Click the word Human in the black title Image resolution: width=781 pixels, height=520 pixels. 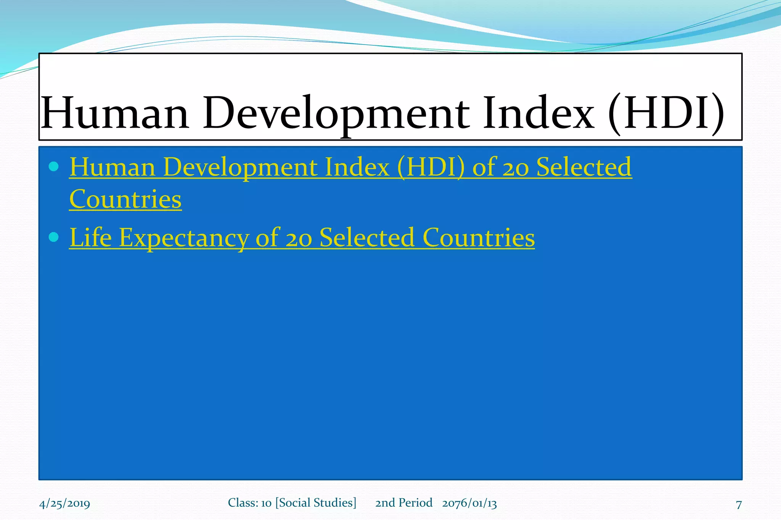point(115,114)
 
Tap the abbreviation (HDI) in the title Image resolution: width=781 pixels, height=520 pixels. point(665,114)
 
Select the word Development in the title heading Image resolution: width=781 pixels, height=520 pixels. point(336,114)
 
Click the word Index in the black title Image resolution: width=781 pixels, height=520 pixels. point(538,114)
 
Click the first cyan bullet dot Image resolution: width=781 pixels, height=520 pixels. point(54,166)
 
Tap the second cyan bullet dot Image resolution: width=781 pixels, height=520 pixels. point(54,237)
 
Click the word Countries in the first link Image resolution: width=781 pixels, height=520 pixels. point(125,199)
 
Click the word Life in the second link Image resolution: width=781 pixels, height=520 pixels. point(90,238)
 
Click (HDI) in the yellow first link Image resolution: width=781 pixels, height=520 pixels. point(431,168)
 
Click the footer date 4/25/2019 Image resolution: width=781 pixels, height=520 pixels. point(64,504)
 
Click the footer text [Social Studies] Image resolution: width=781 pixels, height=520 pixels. point(316,503)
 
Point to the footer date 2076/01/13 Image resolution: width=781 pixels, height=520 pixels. point(469,503)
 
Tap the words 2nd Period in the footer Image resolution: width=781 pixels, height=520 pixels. point(403,503)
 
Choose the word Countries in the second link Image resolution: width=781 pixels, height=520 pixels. point(479,238)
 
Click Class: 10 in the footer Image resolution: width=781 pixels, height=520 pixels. point(249,503)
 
